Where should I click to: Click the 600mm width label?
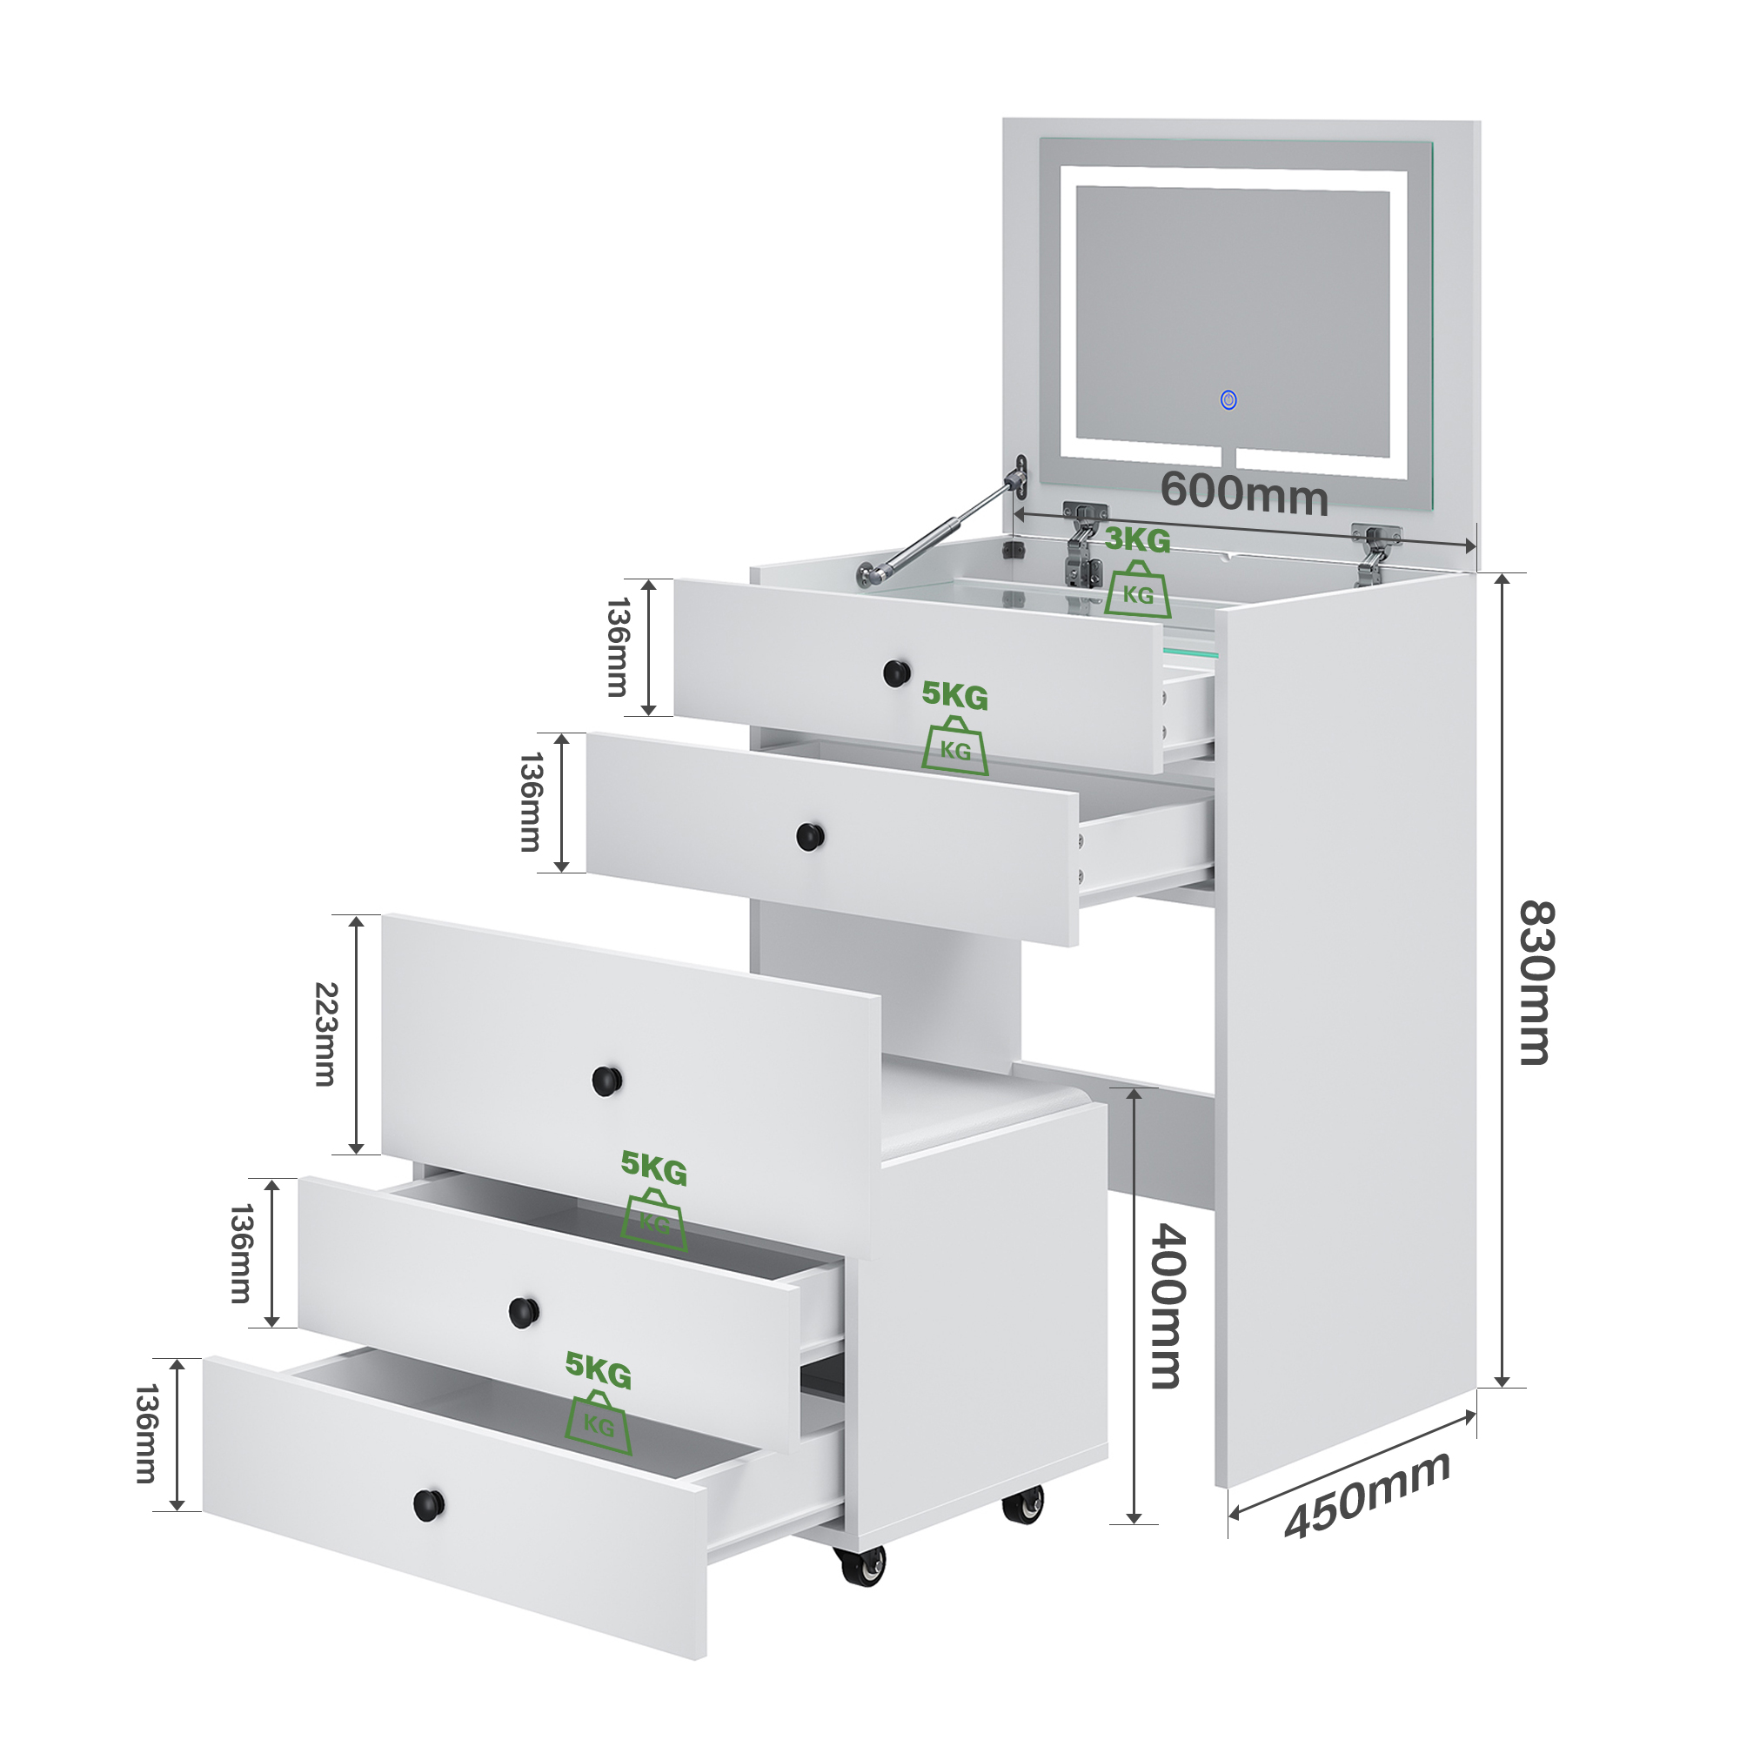[x=1244, y=492]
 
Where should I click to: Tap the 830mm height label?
[x=1536, y=981]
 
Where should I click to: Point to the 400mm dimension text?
[x=1169, y=1306]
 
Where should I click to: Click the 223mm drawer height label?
[x=325, y=1034]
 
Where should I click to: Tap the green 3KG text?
[x=1137, y=539]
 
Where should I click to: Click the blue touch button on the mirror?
[x=1228, y=399]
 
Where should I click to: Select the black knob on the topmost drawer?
[x=896, y=672]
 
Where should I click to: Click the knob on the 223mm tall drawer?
[x=607, y=1081]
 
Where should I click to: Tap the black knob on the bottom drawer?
[x=429, y=1503]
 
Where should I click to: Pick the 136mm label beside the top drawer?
[x=618, y=646]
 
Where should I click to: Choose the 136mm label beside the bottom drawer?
[x=146, y=1434]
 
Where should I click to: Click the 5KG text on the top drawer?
[x=954, y=695]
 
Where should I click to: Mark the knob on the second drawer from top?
[x=811, y=837]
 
